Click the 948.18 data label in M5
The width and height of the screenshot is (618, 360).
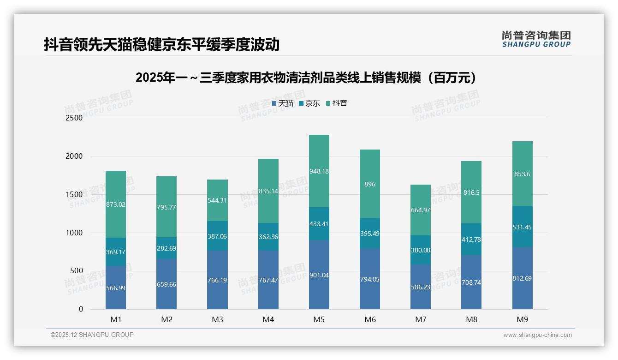tap(319, 171)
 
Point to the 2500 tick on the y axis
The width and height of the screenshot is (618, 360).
tap(74, 118)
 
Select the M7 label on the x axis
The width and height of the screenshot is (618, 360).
tap(421, 319)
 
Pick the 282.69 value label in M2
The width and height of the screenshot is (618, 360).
tap(166, 248)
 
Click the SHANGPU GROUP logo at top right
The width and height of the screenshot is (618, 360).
tap(536, 39)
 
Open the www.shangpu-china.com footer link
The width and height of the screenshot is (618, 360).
tap(537, 335)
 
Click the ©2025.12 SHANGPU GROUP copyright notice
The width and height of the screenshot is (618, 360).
tap(92, 335)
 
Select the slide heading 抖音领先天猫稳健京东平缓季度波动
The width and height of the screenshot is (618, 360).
tap(161, 45)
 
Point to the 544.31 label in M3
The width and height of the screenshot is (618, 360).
tap(217, 201)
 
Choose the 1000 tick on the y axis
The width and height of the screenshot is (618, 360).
tap(74, 233)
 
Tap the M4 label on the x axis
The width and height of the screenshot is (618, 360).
tap(268, 319)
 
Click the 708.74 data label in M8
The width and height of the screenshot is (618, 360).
tap(471, 282)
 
